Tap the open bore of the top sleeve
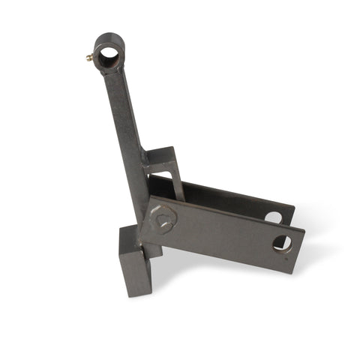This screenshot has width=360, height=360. click(x=109, y=53)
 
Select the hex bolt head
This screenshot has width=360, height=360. click(x=163, y=219)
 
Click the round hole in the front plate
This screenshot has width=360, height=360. click(x=282, y=242)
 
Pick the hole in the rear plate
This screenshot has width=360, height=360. click(x=273, y=217)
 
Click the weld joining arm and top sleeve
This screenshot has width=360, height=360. click(x=112, y=72)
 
